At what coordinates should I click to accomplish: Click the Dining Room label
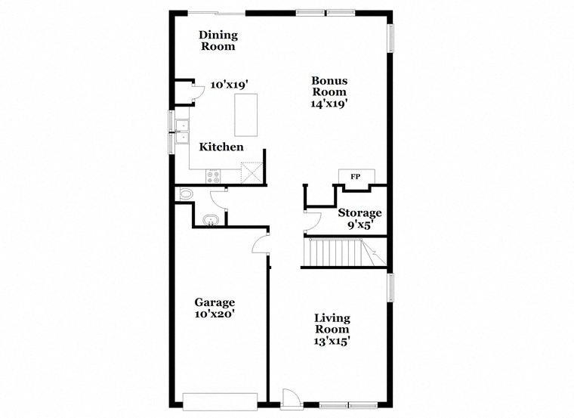click(218, 41)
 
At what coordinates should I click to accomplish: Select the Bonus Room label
click(329, 86)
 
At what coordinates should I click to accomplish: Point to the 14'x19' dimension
click(329, 104)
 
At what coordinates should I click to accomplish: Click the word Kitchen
click(221, 147)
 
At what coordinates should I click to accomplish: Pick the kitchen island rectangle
click(245, 115)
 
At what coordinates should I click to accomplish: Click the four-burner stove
click(213, 177)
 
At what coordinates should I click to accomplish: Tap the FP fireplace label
click(356, 177)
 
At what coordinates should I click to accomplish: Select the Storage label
click(360, 213)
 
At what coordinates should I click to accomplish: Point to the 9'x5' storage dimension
click(360, 224)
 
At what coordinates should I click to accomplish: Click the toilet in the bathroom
click(185, 194)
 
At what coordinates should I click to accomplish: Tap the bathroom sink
click(211, 220)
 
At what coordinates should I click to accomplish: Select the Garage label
click(214, 302)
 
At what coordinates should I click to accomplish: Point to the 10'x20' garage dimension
click(214, 314)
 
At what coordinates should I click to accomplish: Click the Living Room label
click(332, 324)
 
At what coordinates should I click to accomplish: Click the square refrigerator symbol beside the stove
click(252, 173)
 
